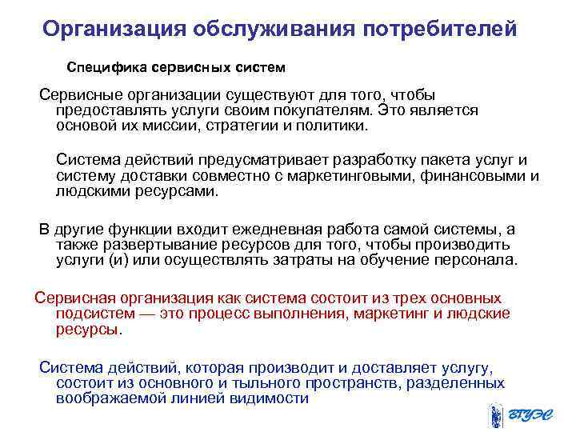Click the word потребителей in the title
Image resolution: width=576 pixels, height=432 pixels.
[x=440, y=30]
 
